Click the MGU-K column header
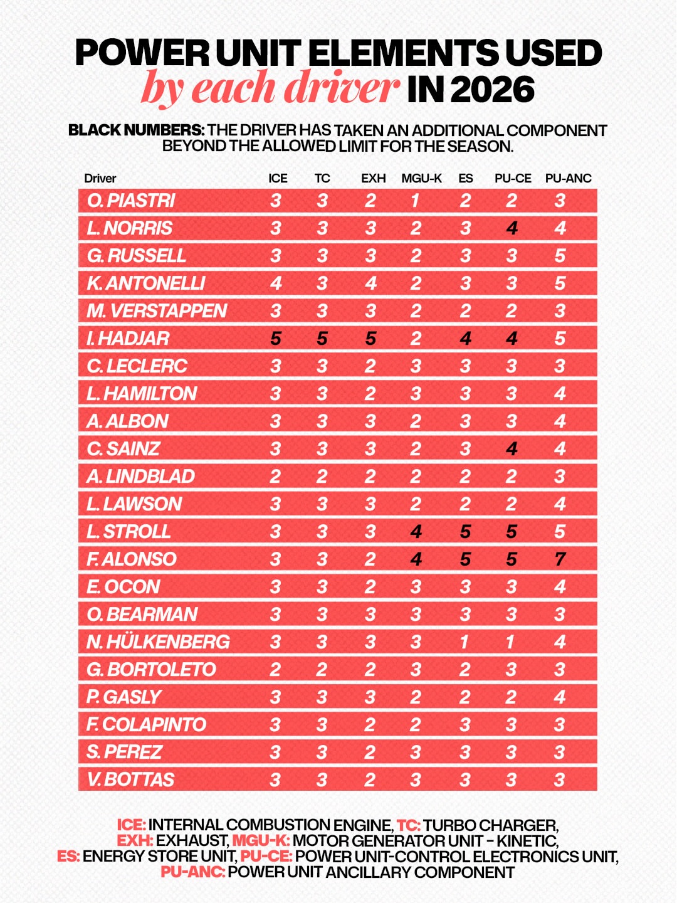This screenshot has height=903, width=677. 421,178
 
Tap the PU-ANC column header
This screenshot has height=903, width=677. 568,178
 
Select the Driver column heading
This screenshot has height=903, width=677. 100,178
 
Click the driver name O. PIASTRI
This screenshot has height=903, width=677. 131,201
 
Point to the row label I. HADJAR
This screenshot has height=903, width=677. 128,339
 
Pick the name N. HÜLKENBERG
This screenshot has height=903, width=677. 158,642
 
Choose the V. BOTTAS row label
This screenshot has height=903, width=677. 130,779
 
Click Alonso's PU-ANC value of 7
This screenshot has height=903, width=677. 560,559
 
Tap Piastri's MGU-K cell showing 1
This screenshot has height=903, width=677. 415,201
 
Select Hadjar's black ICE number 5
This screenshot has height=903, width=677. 275,339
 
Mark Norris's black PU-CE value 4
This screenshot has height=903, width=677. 512,228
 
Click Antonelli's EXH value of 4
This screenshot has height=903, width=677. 370,283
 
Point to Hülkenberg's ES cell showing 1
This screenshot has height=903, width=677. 464,642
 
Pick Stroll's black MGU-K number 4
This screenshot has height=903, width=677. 416,532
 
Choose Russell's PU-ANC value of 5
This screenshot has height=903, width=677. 560,256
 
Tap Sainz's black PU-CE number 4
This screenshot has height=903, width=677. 512,449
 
